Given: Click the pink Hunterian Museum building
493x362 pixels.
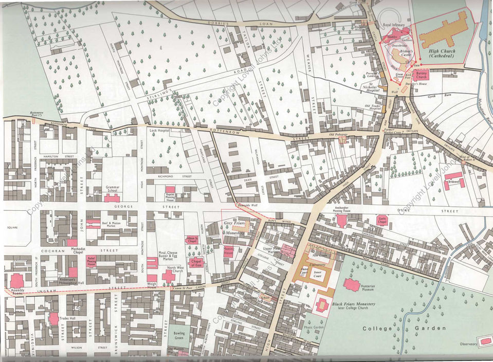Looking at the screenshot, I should pyautogui.click(x=352, y=285).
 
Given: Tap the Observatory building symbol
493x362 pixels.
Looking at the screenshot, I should pyautogui.click(x=484, y=341).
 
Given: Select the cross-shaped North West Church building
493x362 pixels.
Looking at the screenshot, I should pyautogui.click(x=169, y=277).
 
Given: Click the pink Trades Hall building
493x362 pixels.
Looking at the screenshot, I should pyautogui.click(x=53, y=319).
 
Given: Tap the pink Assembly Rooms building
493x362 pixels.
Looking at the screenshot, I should pyautogui.click(x=17, y=281).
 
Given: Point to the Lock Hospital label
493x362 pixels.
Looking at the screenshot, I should pyautogui.click(x=159, y=131).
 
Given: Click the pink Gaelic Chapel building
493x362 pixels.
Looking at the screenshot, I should pyautogui.click(x=382, y=221).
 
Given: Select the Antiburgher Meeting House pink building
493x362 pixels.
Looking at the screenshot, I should pyautogui.click(x=341, y=221).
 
